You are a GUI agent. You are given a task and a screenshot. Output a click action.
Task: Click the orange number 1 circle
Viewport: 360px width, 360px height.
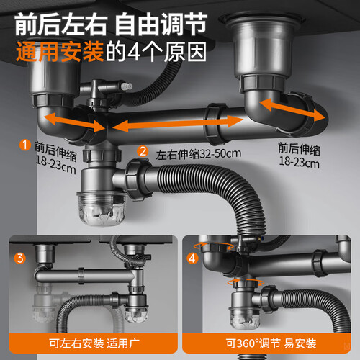(x=25, y=145)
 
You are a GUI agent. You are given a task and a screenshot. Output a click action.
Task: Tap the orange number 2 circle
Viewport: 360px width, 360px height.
(x=143, y=151)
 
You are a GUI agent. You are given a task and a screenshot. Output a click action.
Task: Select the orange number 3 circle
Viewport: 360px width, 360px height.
(x=20, y=258)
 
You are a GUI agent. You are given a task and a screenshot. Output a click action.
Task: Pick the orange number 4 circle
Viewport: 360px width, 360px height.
(x=192, y=258)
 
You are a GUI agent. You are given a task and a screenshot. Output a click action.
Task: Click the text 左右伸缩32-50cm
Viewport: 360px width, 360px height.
(x=199, y=154)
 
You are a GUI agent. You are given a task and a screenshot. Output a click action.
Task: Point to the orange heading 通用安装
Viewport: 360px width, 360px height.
(x=60, y=52)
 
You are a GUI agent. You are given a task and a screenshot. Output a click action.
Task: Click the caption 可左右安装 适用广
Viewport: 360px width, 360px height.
(x=94, y=343)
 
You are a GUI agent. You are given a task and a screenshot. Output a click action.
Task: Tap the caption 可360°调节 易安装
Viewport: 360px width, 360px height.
(x=271, y=343)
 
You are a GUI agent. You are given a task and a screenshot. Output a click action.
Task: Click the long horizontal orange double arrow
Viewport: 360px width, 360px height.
(x=178, y=124)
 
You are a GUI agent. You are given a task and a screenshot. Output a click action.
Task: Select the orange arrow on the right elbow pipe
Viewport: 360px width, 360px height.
(x=294, y=110)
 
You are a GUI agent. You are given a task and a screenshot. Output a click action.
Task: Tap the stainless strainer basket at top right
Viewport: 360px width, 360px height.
(x=263, y=45)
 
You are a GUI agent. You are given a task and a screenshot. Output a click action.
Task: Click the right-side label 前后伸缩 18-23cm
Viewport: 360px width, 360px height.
(x=299, y=156)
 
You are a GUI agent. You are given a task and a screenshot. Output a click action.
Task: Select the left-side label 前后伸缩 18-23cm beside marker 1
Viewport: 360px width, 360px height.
(x=55, y=157)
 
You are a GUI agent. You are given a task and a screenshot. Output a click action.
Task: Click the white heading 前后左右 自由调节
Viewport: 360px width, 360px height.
(x=111, y=24)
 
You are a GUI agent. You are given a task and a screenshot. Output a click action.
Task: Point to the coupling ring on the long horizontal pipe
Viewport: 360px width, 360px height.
(x=215, y=124)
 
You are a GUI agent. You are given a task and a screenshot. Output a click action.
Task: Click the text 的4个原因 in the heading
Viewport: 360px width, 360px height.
(x=156, y=52)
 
